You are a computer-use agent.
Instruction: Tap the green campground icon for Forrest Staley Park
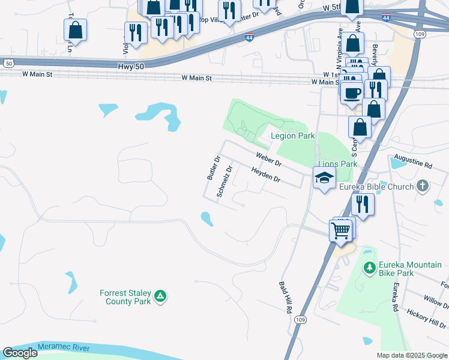(160, 296)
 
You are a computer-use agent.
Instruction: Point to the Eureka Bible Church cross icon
(423, 186)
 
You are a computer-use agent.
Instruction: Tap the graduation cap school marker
(324, 178)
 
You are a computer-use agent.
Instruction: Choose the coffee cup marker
(352, 93)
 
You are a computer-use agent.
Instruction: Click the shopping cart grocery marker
(340, 229)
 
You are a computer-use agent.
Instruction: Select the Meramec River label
(63, 347)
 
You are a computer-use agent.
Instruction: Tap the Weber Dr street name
(268, 159)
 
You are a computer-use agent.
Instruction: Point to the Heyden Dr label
(265, 175)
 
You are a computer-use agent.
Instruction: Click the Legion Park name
(292, 136)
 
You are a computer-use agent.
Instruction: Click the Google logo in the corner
(20, 353)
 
